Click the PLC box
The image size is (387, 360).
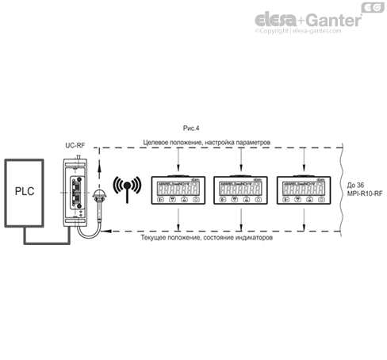[29, 191]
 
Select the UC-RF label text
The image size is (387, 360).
[75, 146]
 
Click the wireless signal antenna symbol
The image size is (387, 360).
[125, 190]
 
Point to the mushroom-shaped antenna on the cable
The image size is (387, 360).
[100, 194]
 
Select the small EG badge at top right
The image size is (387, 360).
[372, 8]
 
